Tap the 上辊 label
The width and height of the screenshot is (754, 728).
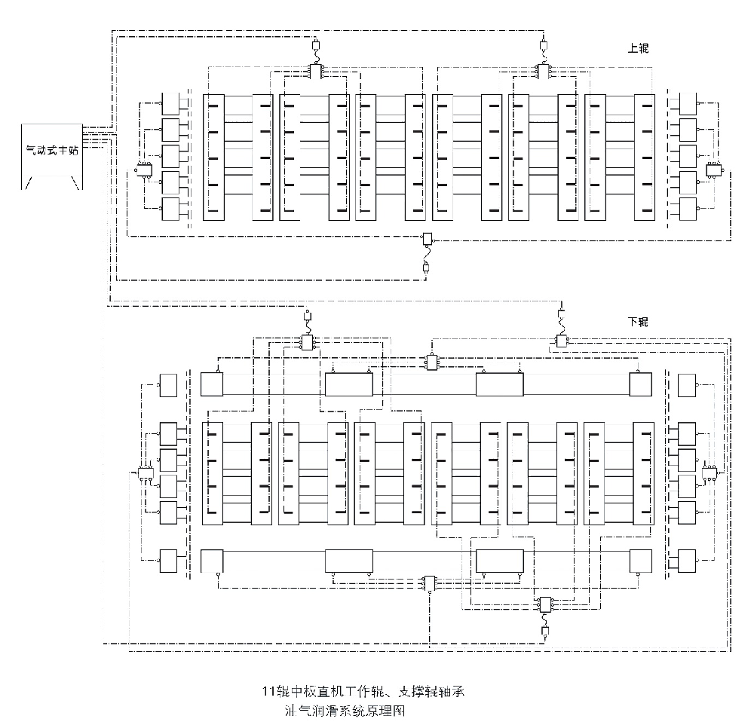pyautogui.click(x=638, y=48)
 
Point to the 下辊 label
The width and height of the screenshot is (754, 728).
pyautogui.click(x=638, y=322)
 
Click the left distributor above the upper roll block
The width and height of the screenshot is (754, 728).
pyautogui.click(x=315, y=70)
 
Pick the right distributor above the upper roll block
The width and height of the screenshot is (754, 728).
pyautogui.click(x=543, y=70)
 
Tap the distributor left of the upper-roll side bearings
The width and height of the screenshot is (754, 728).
pyautogui.click(x=143, y=170)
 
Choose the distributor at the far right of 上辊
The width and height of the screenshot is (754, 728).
pyautogui.click(x=713, y=170)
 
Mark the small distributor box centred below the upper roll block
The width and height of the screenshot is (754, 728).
pyautogui.click(x=427, y=239)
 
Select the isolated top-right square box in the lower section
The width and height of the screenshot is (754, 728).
pyautogui.click(x=688, y=384)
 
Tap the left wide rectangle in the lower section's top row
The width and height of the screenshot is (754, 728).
pyautogui.click(x=349, y=384)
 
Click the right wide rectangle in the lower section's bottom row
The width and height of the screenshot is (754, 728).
pyautogui.click(x=499, y=561)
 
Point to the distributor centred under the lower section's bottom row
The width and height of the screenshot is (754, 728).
pyautogui.click(x=429, y=583)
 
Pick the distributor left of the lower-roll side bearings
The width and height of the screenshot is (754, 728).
pyautogui.click(x=145, y=474)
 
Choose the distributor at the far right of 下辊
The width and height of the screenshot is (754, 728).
pyautogui.click(x=710, y=473)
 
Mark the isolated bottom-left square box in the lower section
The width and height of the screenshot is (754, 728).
pyautogui.click(x=167, y=561)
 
